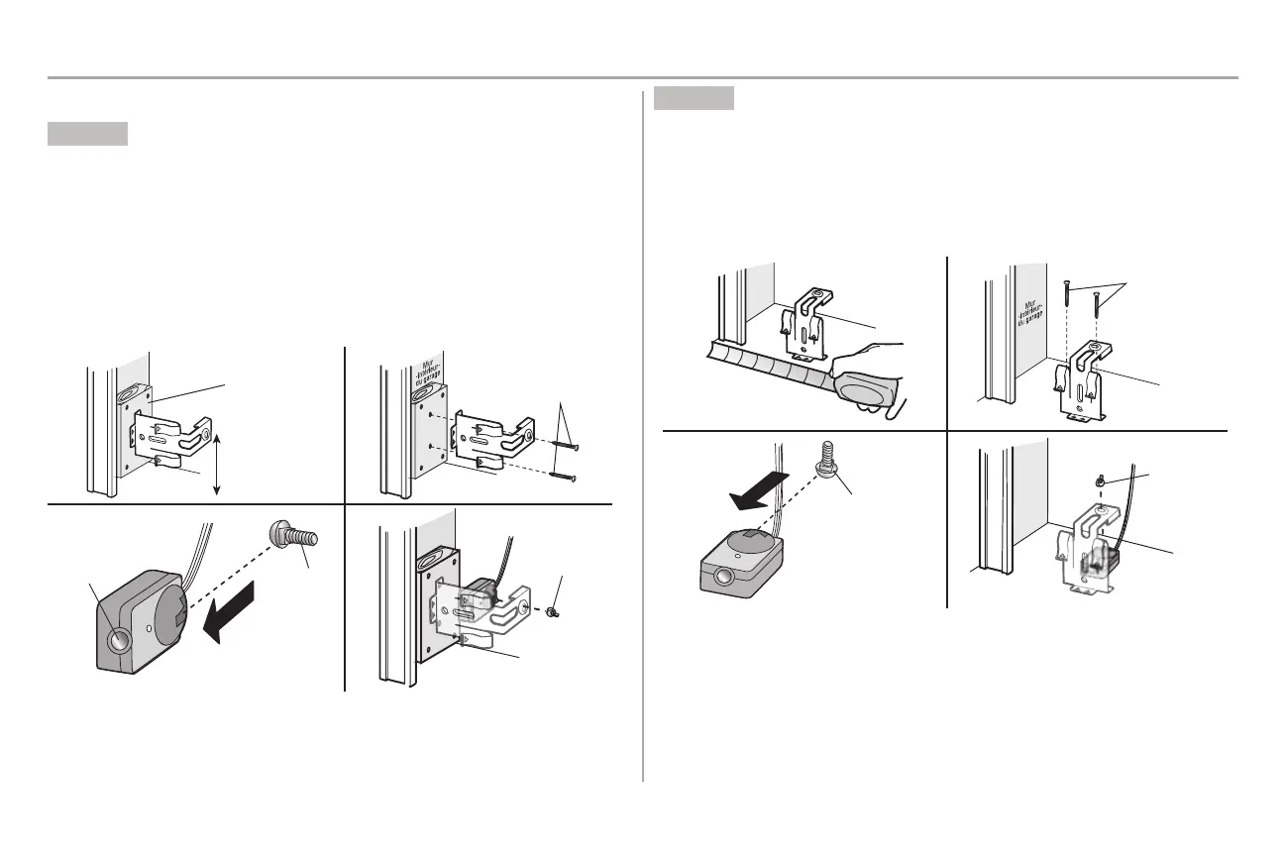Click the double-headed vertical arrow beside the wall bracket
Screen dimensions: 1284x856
(x=216, y=462)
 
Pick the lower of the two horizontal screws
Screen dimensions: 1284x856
(x=558, y=478)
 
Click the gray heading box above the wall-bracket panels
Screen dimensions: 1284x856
(x=87, y=135)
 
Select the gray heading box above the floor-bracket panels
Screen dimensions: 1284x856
(x=694, y=98)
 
